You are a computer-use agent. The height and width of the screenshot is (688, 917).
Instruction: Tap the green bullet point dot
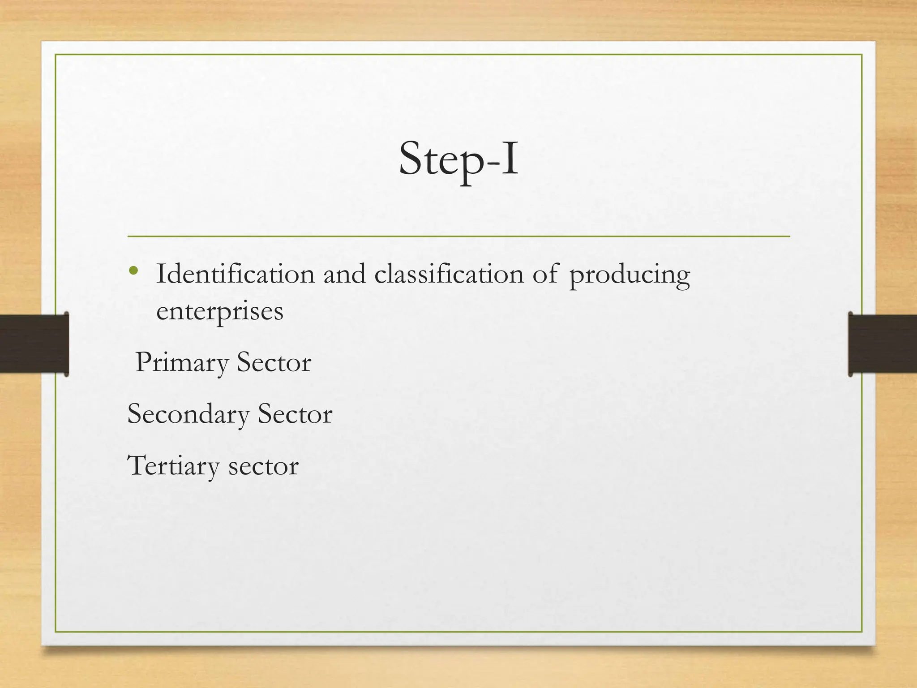coord(133,270)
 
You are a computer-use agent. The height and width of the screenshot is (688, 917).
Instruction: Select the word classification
coord(449,274)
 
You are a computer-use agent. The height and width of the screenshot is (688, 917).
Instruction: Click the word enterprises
coord(219,312)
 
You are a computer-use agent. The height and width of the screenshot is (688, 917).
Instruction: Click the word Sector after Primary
coord(274,362)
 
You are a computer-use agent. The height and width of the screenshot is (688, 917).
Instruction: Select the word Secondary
coord(188,415)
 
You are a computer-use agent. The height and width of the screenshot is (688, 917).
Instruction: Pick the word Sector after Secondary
coord(295,414)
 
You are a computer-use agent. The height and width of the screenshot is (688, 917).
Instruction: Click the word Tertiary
coord(173,466)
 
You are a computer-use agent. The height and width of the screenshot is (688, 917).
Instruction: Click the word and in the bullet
coord(344,274)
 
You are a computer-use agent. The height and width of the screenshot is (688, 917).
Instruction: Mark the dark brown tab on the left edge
coord(34,344)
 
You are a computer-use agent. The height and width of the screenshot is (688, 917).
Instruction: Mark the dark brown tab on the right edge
coord(882,344)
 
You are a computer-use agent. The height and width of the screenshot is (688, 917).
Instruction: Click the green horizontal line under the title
coord(458,236)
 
